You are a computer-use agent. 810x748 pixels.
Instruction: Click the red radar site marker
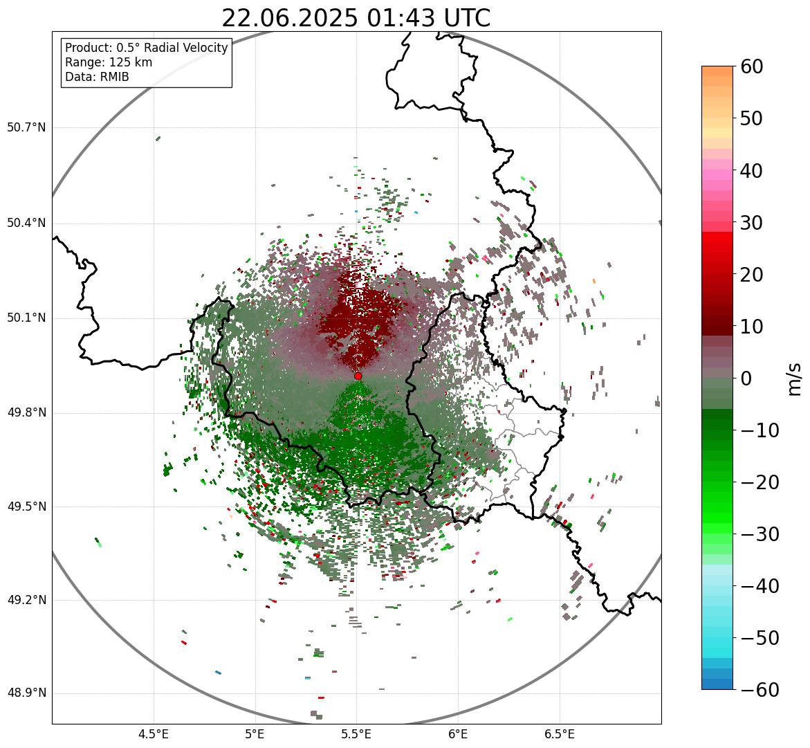click(358, 376)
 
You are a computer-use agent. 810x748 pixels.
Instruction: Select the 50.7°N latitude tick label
click(26, 128)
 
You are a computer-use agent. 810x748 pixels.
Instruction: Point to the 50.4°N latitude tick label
click(26, 224)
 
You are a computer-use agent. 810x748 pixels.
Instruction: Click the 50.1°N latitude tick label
click(26, 318)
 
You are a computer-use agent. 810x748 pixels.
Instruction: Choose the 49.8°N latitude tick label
click(26, 413)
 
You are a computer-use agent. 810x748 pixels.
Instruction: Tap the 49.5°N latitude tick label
click(26, 507)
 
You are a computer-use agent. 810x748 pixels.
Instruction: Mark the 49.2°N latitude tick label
click(26, 600)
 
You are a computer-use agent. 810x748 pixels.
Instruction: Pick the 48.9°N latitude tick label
click(26, 693)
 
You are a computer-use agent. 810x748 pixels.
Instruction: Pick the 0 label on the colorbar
click(746, 378)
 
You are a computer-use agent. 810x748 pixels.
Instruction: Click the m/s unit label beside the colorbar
click(794, 378)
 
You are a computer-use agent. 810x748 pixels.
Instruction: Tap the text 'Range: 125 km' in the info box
click(109, 62)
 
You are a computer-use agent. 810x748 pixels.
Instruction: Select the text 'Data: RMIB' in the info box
click(97, 77)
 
